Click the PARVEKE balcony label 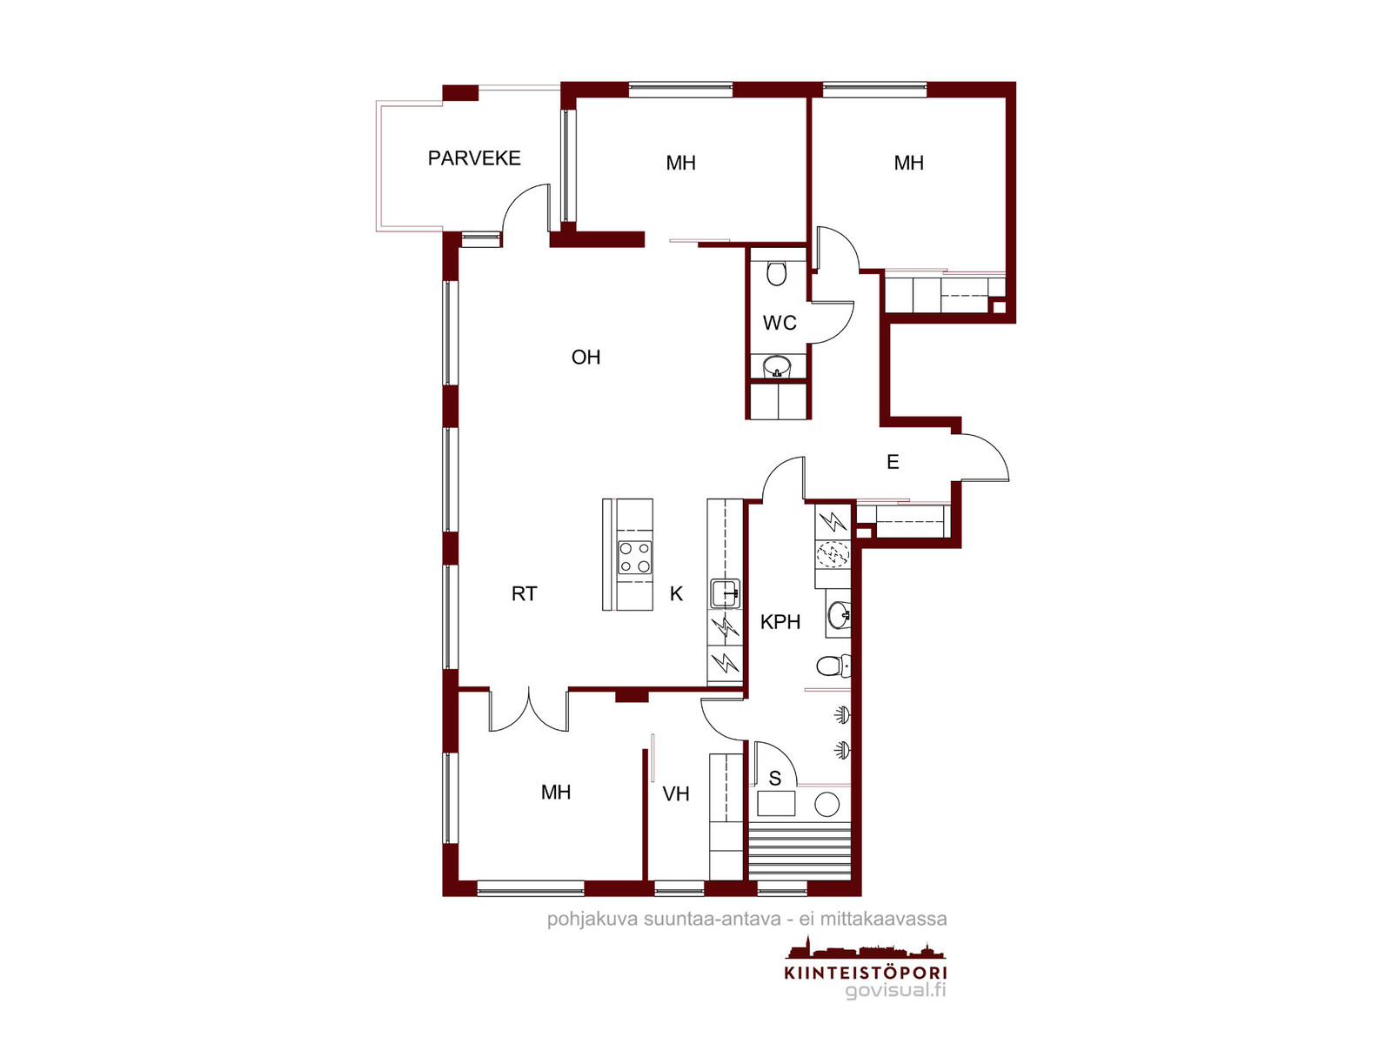tap(474, 157)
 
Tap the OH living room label tap(586, 357)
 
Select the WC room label tap(779, 323)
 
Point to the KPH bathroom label tap(780, 622)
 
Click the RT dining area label tap(524, 593)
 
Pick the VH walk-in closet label tap(675, 793)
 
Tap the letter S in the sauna tap(774, 778)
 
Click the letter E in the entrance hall tap(893, 461)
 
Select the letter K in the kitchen tap(676, 593)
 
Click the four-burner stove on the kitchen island tap(634, 557)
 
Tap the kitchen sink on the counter tap(725, 593)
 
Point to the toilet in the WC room tap(776, 272)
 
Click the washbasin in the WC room tap(776, 365)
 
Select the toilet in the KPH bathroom tap(833, 665)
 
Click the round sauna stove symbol tap(826, 804)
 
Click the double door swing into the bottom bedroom tap(528, 710)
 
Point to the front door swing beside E tap(980, 458)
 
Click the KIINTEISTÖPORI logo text tap(865, 972)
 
